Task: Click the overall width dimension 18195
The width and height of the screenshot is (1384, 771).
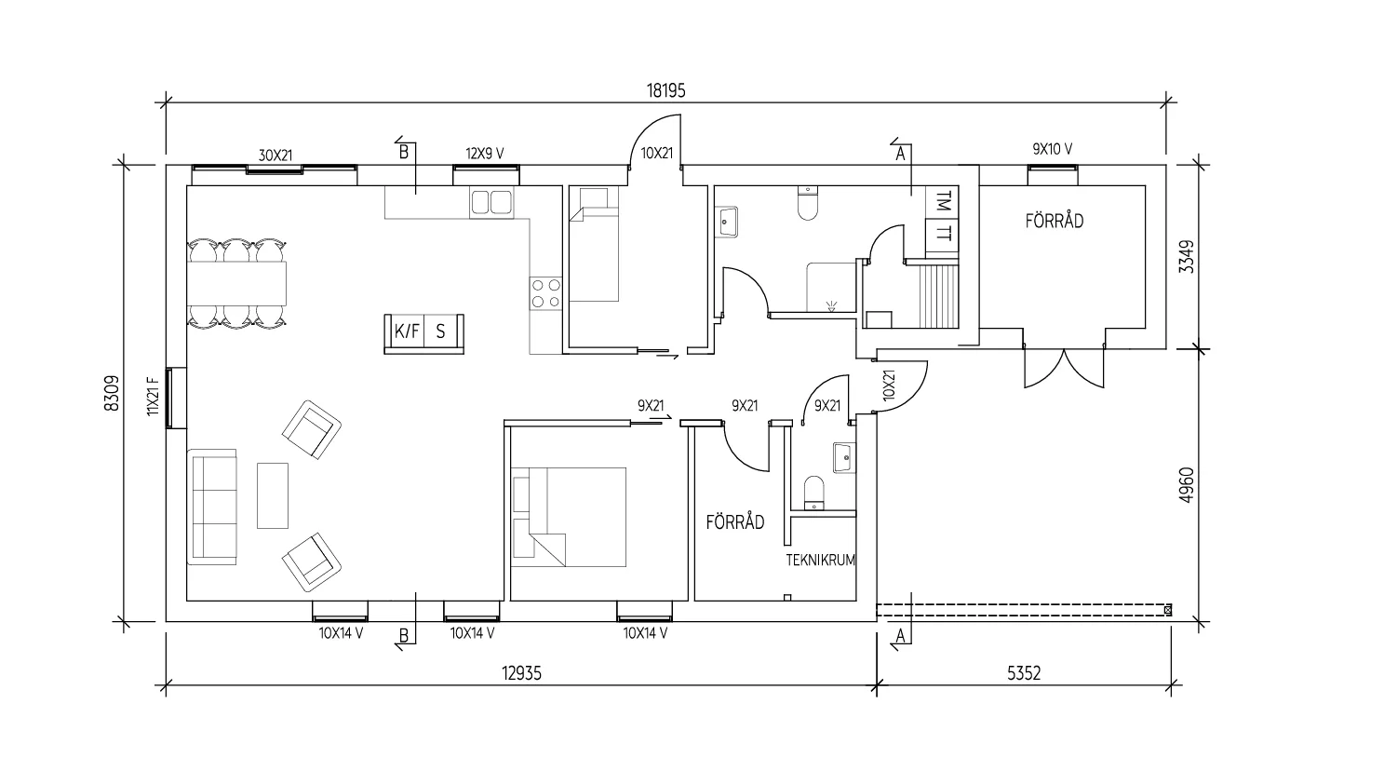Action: tap(665, 90)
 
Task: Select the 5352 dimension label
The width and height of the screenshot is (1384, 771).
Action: tap(1023, 673)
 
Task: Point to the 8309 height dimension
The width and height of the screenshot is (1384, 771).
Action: tap(112, 393)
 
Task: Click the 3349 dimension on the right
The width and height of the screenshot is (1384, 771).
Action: tap(1184, 258)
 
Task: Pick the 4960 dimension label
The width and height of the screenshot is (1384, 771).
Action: tap(1184, 485)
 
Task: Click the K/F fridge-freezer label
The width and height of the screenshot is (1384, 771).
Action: tap(406, 331)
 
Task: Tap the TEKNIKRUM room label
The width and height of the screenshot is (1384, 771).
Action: tap(820, 561)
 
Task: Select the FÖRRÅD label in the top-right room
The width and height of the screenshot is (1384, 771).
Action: tap(1055, 222)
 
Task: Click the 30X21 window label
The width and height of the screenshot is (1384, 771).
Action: tap(275, 155)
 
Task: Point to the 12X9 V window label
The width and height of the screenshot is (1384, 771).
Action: tap(485, 153)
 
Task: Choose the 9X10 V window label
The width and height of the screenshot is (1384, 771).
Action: tap(1053, 149)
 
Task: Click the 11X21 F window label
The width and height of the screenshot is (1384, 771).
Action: tap(155, 395)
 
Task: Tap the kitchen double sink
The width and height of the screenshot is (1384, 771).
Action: tap(490, 202)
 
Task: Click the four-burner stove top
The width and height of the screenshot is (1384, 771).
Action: tap(545, 293)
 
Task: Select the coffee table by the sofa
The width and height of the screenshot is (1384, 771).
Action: tap(273, 495)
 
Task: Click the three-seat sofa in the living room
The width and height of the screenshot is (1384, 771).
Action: tap(213, 506)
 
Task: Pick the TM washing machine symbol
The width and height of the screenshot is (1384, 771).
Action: tap(943, 200)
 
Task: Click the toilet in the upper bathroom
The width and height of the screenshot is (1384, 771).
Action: tap(807, 204)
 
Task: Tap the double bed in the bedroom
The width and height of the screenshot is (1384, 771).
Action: tap(576, 517)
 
